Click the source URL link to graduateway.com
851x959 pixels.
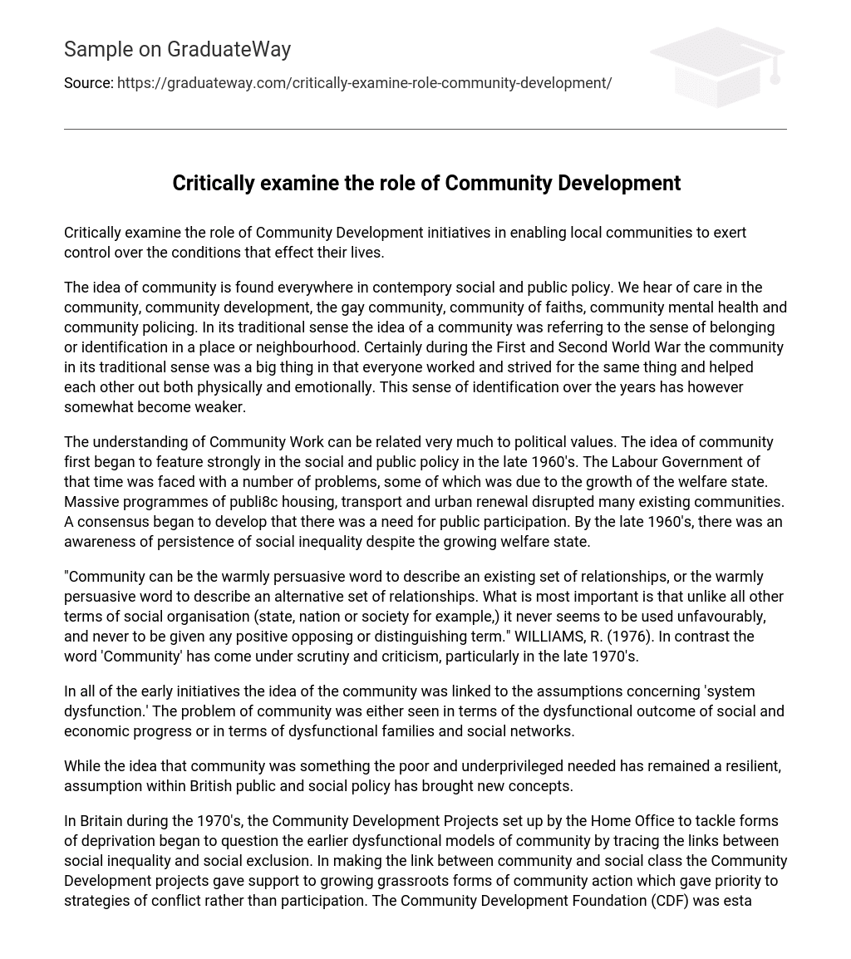tap(364, 83)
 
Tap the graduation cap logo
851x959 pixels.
tap(717, 66)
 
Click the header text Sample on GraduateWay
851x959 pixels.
tap(177, 50)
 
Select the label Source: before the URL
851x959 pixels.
tap(88, 83)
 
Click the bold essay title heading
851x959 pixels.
tap(425, 183)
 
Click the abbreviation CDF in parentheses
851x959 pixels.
tap(662, 901)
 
